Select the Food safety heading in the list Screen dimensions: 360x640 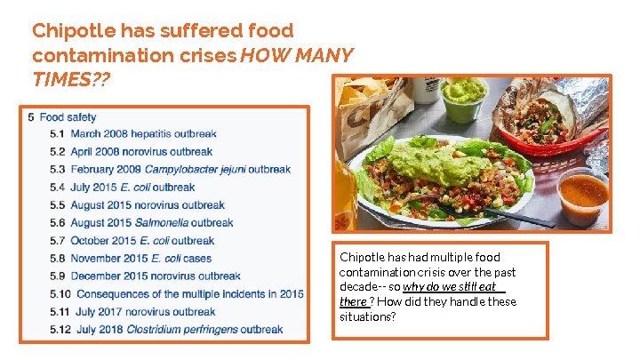click(x=68, y=116)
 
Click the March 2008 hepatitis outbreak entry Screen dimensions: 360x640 click(x=143, y=134)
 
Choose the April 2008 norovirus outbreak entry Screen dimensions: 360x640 click(x=141, y=152)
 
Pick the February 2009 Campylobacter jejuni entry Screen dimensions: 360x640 click(x=180, y=170)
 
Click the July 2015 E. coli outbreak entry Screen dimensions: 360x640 click(x=132, y=188)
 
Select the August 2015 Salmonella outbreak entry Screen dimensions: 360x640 click(x=151, y=223)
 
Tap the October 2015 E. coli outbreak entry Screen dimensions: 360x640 click(x=142, y=241)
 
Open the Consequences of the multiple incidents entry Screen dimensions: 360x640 click(x=189, y=294)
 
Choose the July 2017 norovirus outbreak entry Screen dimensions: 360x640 click(x=146, y=312)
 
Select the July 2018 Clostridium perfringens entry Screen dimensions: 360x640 click(x=179, y=330)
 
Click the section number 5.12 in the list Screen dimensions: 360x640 click(x=60, y=330)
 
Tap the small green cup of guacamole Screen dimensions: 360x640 click(x=464, y=99)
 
